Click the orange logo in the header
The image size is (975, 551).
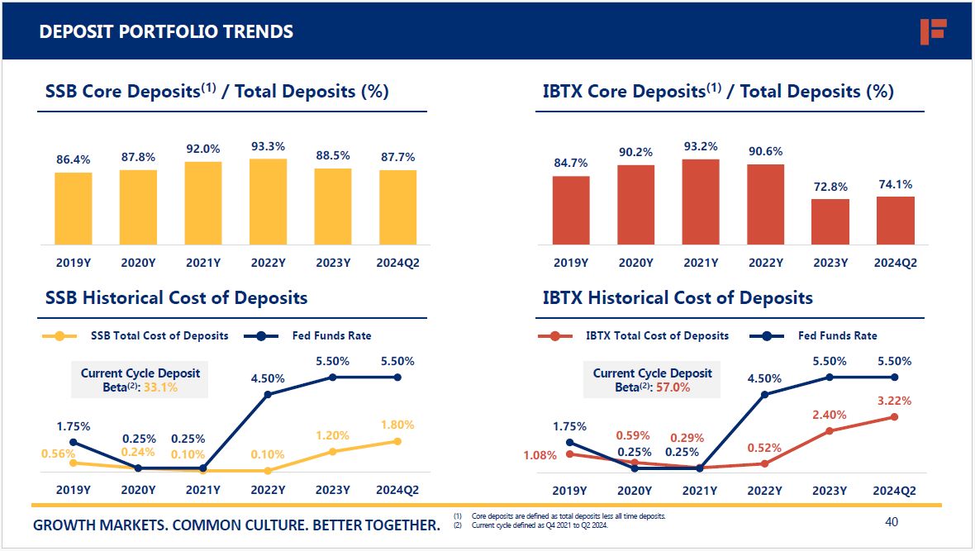933,31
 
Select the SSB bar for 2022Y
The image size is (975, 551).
268,202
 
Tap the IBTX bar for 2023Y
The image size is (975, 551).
830,221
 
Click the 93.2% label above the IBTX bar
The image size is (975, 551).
701,146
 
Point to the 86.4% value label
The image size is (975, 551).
74,159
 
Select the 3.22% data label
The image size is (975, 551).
894,401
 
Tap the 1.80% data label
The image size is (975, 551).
397,425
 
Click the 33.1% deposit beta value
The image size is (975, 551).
161,387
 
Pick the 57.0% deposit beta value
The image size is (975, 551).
673,387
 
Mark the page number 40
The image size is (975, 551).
891,522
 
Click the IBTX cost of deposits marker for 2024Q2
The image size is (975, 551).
895,417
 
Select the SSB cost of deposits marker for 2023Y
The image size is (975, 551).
333,451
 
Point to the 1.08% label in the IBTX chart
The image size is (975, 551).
540,455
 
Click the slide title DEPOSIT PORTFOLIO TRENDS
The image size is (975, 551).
166,32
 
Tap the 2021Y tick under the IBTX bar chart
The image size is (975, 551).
701,263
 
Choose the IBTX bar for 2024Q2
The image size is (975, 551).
895,221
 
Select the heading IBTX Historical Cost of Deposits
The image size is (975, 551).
678,298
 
